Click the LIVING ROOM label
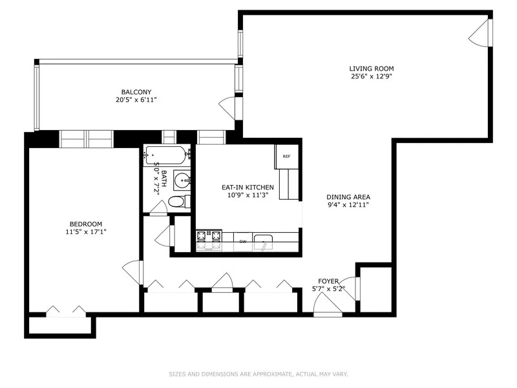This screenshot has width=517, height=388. coord(371,69)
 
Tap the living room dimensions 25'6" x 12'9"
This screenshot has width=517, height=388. coord(371,76)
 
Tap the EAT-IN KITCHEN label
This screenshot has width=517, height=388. coord(248,188)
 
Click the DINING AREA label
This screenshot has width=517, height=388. coord(348,197)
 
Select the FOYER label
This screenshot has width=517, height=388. coord(328,281)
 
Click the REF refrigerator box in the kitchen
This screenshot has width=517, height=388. coord(286,156)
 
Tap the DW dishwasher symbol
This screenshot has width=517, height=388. coord(243,242)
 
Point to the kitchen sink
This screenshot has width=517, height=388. coord(263,242)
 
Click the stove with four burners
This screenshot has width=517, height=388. coord(209,241)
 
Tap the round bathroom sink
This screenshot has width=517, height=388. coord(182,179)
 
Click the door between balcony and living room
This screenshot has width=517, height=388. coord(229,105)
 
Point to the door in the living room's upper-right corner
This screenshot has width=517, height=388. coord(479,32)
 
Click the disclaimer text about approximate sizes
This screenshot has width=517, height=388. coord(258,373)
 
